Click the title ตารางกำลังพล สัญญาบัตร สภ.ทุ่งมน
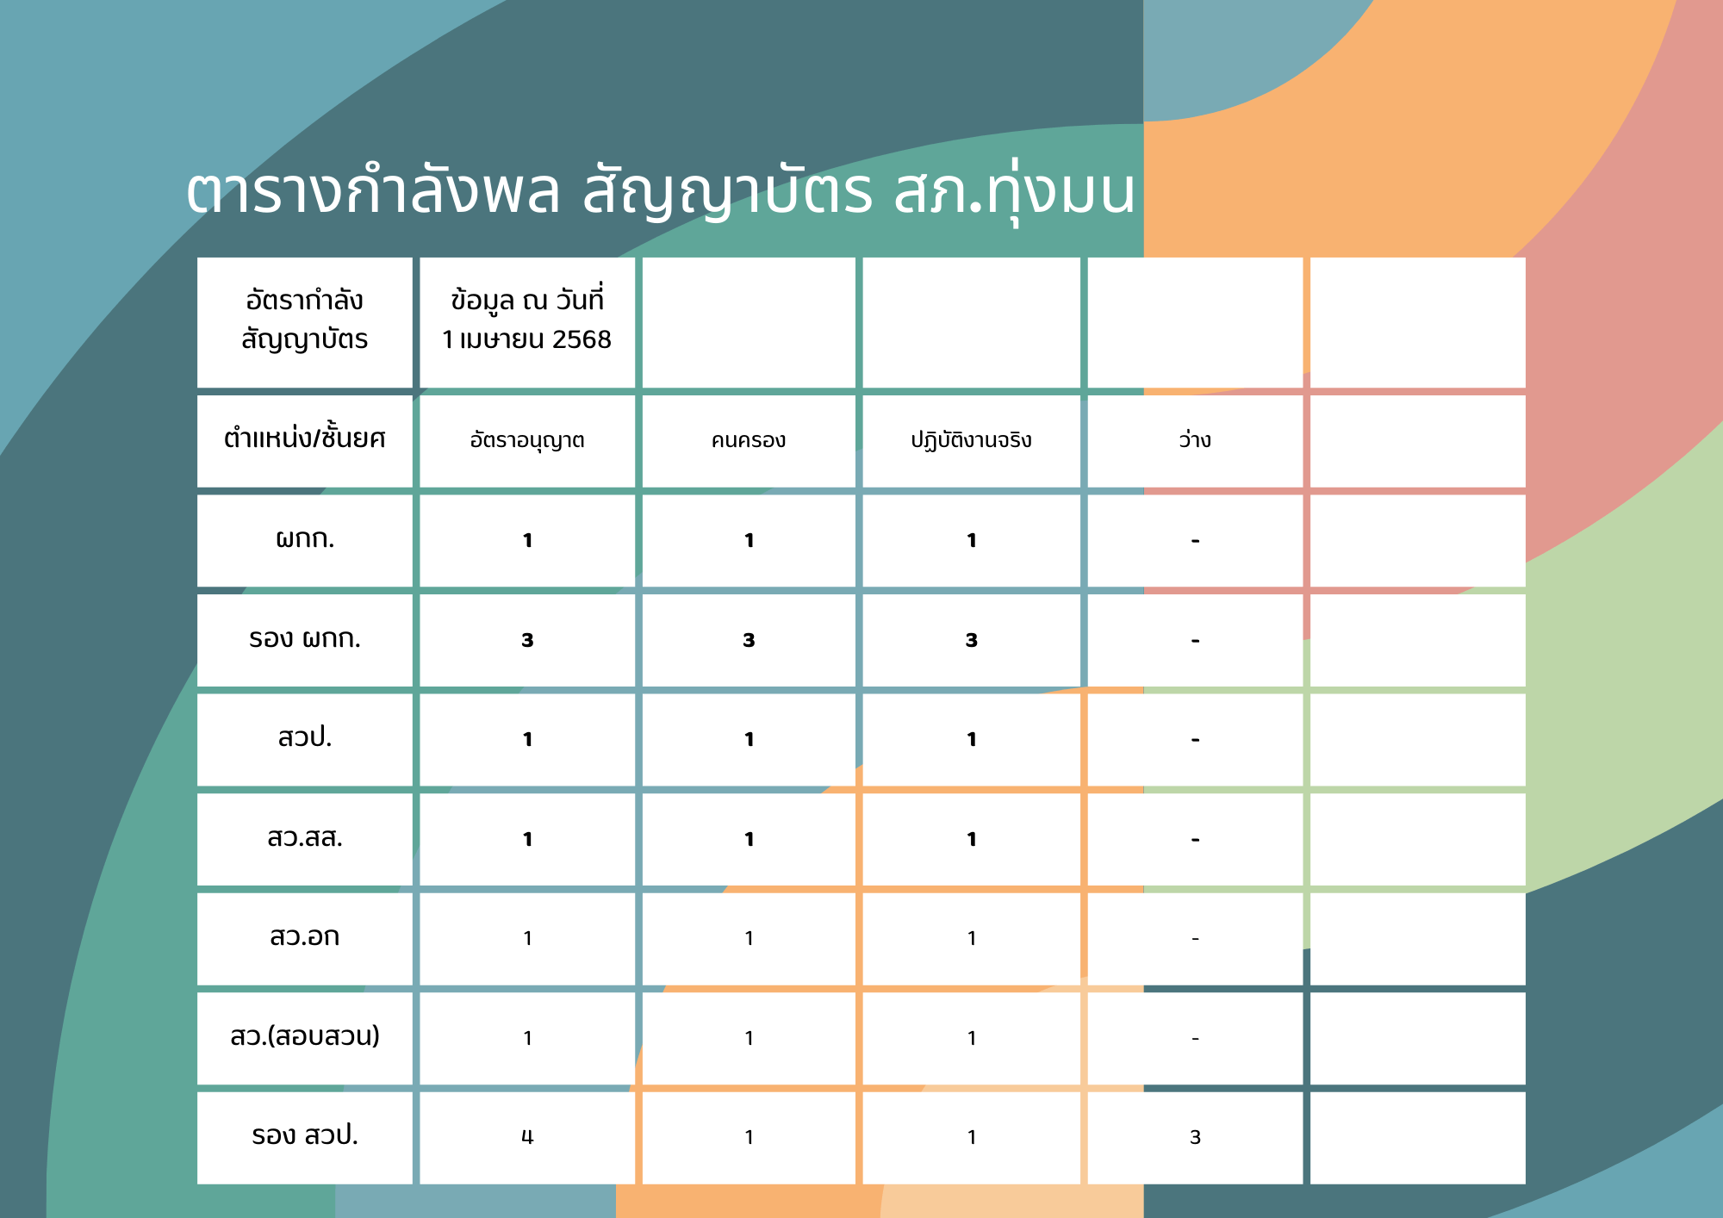pos(661,191)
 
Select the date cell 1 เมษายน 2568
pos(526,339)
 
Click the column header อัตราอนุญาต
pos(527,440)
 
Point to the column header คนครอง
pos(749,440)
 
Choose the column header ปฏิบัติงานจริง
pos(972,440)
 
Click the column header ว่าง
pos(1195,439)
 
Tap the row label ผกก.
pos(305,539)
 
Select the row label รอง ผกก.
pos(305,639)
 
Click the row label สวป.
pos(305,738)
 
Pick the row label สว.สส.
pos(305,838)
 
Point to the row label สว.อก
pos(305,937)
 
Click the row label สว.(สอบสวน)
pos(305,1036)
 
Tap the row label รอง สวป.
pos(305,1135)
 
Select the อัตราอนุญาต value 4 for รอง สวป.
pos(527,1138)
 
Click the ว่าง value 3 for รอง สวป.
pos(1195,1137)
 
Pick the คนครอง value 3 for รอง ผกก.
pos(749,640)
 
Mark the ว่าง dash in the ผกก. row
pos(1195,541)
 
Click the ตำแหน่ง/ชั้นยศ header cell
pos(305,439)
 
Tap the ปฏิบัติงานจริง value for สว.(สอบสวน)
pos(972,1038)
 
